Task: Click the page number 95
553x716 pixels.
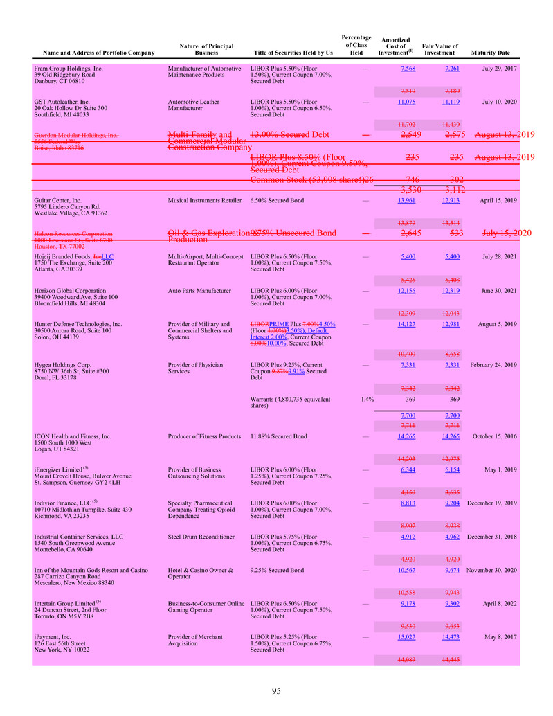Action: pos(276,690)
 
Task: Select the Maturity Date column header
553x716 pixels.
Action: pos(490,53)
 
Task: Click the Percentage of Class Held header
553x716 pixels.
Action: pos(356,44)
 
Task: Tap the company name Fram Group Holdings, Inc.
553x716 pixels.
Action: pos(69,69)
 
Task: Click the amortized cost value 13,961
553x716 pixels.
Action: pos(406,200)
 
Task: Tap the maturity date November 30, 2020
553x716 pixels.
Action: pos(490,570)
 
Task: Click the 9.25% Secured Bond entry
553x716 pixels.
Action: pos(276,570)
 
